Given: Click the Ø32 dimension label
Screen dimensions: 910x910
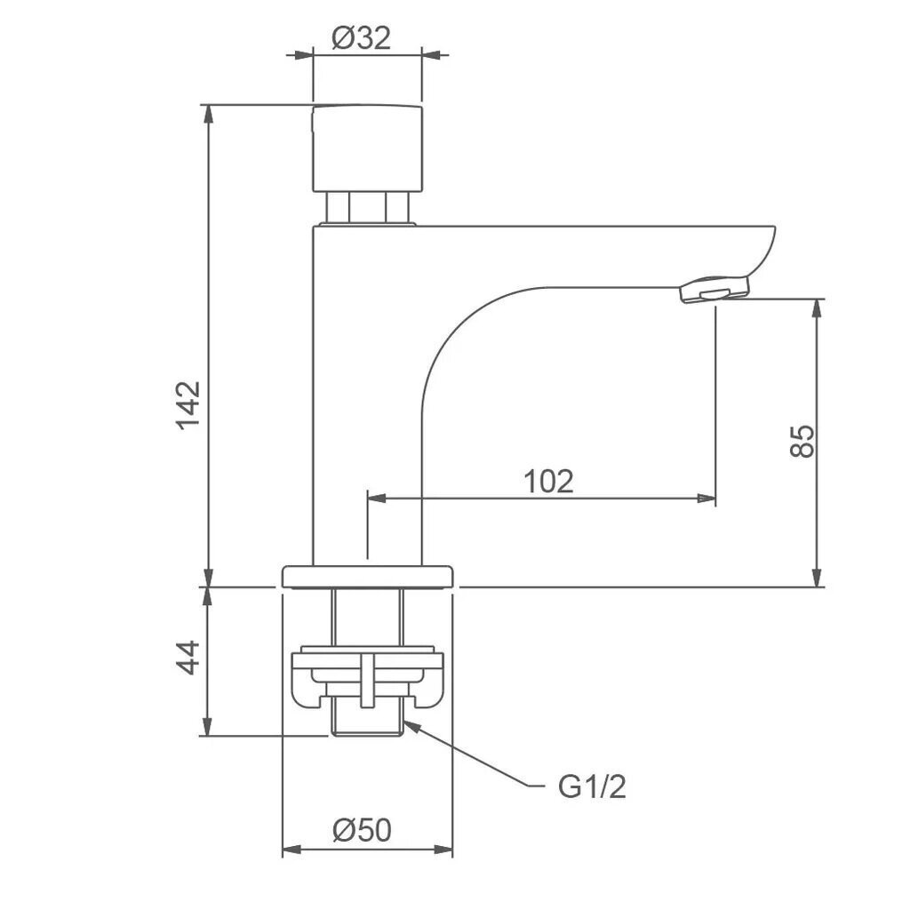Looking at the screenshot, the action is pos(361,39).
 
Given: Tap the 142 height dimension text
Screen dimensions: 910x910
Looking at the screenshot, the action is pos(188,405).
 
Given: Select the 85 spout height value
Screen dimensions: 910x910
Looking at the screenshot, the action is pos(802,441).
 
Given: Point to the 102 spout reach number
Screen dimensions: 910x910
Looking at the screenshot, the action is pos(548,481).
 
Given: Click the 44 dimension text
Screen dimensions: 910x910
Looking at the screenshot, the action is pos(188,657).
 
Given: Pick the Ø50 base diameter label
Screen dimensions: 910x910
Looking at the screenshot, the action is pos(363,830).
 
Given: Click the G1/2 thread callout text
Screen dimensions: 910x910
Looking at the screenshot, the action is pos(592,787).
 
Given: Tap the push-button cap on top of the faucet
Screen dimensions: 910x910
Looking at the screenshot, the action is pos(367,148).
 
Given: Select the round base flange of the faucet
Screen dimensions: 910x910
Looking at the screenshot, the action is pos(367,576).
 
